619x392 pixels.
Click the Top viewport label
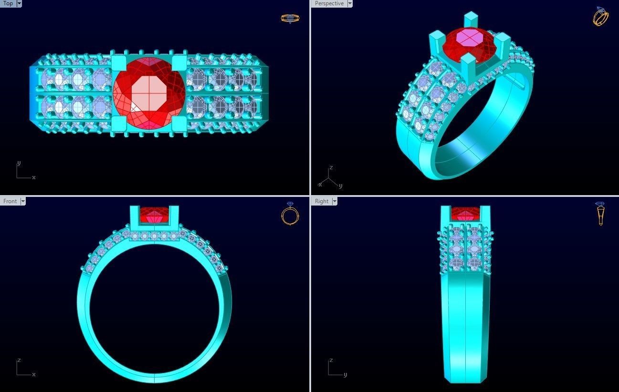(8, 3)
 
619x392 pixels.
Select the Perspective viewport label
(329, 3)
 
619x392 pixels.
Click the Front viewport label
(10, 201)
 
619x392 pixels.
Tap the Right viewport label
(321, 201)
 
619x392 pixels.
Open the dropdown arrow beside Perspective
(350, 3)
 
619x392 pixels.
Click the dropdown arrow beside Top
(19, 3)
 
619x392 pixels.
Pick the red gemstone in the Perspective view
(469, 44)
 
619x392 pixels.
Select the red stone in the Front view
(154, 216)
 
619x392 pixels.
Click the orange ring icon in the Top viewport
(290, 19)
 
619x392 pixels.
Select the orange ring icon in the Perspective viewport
(600, 16)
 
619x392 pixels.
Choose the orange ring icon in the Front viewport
(290, 214)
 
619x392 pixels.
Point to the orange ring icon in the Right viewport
(600, 214)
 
